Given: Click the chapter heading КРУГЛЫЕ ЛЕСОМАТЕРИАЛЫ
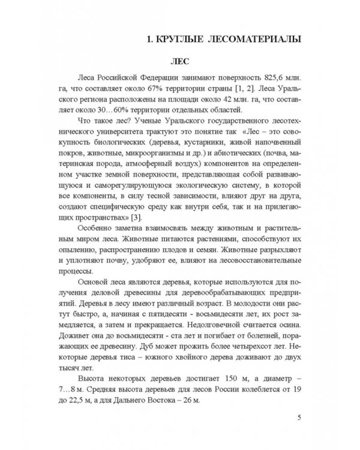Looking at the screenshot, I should click(226, 40).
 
